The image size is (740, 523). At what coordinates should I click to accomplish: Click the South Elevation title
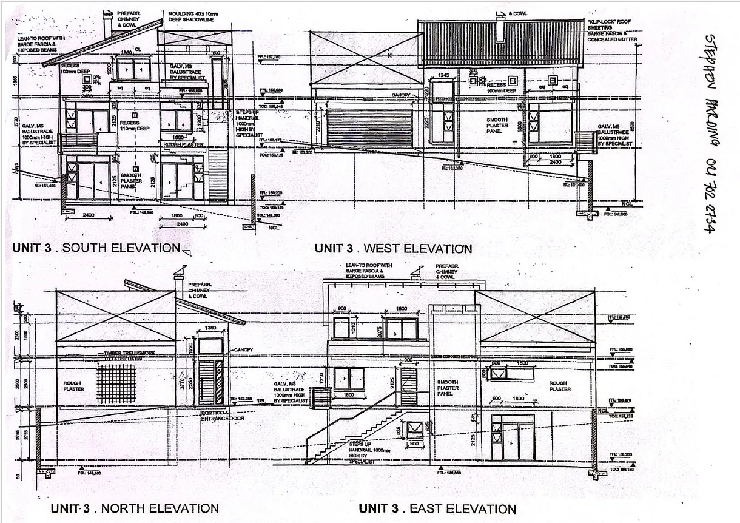(x=96, y=248)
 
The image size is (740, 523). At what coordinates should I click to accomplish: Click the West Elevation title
(x=393, y=248)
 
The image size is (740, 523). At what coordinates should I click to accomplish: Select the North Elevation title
(x=134, y=508)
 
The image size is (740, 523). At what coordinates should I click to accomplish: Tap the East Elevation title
(x=437, y=509)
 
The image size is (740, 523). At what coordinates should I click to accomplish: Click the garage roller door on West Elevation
(x=369, y=128)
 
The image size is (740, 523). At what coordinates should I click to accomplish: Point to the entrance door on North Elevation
(x=210, y=382)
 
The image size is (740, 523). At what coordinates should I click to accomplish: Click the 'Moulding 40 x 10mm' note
(x=192, y=16)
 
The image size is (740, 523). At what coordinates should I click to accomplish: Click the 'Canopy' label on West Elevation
(x=401, y=95)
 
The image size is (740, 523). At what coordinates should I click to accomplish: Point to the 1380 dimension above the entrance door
(x=210, y=328)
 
